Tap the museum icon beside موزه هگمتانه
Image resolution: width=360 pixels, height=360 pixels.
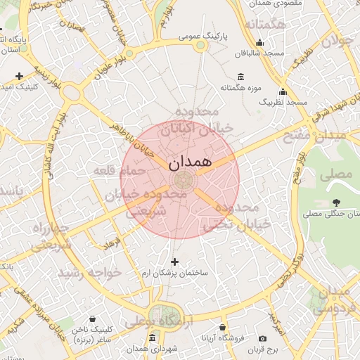241,77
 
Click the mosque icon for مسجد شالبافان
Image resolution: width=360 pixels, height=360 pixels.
260,42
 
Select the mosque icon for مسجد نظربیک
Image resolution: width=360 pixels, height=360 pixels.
283,91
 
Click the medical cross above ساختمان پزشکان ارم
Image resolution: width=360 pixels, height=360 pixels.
174,262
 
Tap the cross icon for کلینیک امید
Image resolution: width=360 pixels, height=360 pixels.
19,76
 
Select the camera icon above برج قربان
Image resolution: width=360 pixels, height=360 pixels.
262,338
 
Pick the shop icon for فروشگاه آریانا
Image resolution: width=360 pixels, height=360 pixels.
222,328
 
